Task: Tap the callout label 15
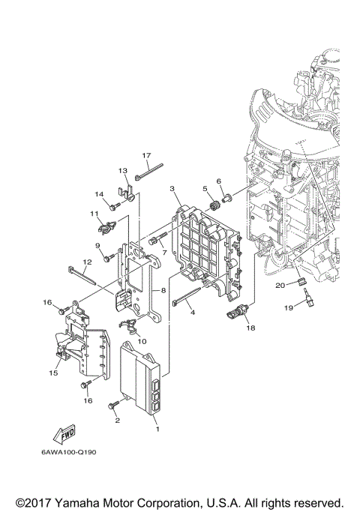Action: coord(54,373)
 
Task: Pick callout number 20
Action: coord(279,285)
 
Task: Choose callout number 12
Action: coord(87,262)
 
